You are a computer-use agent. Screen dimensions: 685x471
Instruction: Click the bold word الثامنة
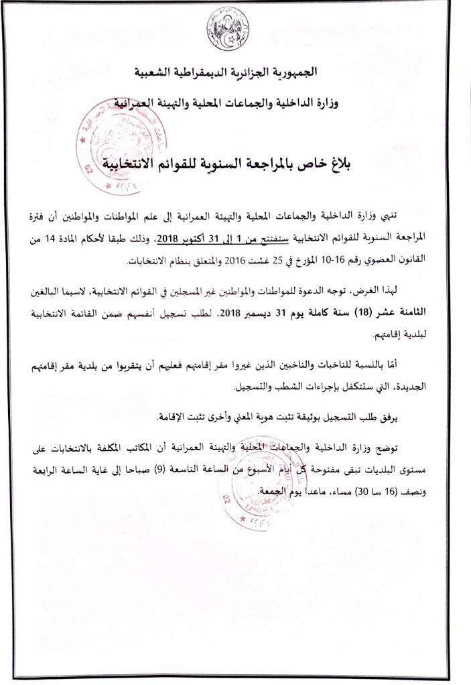pos(431,312)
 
